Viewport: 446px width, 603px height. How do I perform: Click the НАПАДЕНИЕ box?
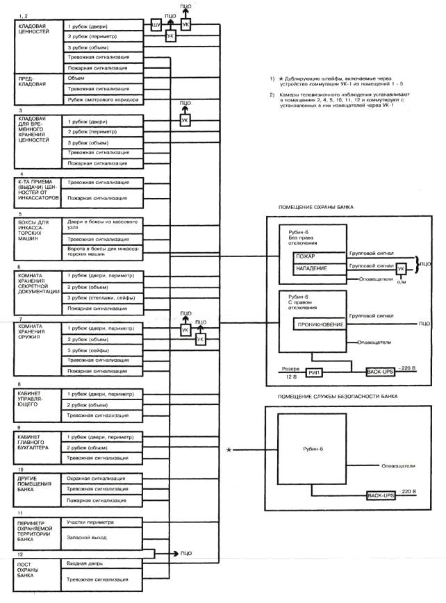click(310, 268)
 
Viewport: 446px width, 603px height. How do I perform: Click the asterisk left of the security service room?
click(229, 452)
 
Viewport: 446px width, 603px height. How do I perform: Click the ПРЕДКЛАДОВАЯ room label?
click(32, 83)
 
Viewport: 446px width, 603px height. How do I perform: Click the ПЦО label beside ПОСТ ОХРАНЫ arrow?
click(185, 553)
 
